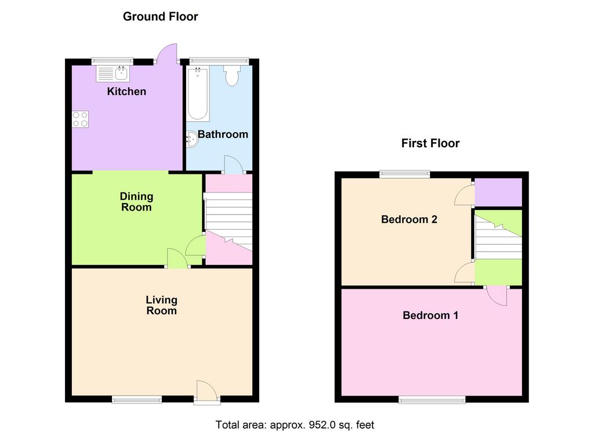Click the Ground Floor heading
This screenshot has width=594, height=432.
[x=160, y=16]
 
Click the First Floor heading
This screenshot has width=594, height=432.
[x=430, y=143]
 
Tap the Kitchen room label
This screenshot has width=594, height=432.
[x=126, y=91]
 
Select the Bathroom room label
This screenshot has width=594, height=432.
[x=223, y=134]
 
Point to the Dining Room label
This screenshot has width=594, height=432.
[x=136, y=201]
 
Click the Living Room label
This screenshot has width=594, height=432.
[x=162, y=305]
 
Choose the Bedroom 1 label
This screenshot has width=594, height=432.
[x=430, y=315]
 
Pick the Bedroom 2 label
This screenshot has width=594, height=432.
[x=409, y=219]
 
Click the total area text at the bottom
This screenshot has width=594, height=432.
[x=295, y=425]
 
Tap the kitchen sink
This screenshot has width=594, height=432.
[x=113, y=74]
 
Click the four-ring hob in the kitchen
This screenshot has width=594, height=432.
[x=80, y=119]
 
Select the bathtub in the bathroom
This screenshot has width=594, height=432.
[x=198, y=93]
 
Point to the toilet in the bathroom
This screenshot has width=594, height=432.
[x=231, y=75]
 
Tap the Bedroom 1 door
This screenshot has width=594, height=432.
[x=497, y=295]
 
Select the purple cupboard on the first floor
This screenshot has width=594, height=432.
[x=498, y=193]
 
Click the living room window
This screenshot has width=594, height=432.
[x=137, y=399]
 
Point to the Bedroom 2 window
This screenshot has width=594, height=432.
[x=405, y=175]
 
